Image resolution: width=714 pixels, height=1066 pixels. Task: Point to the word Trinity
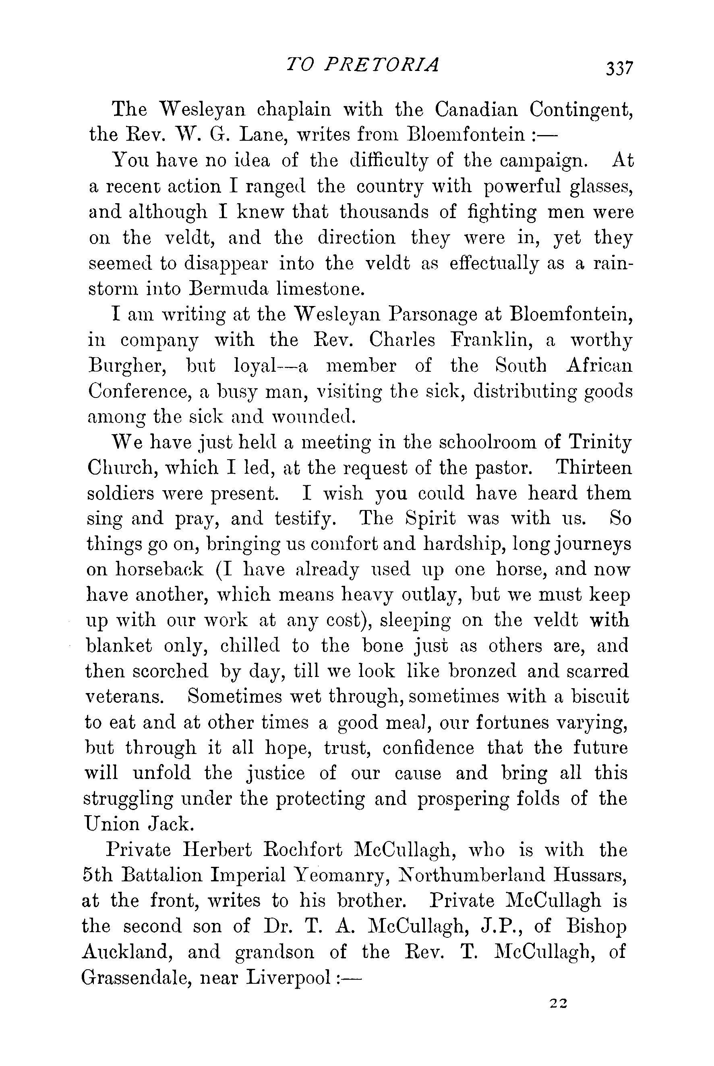click(600, 442)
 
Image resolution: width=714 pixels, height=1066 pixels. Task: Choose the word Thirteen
click(594, 468)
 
